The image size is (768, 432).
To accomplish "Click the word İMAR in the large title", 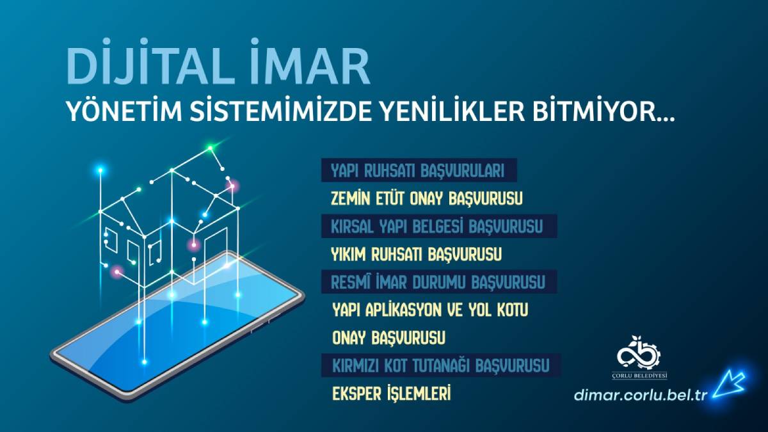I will (x=317, y=66).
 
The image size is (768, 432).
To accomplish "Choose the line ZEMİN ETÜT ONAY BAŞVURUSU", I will (x=427, y=199).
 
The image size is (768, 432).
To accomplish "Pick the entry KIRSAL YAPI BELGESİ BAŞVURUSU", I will (x=437, y=227).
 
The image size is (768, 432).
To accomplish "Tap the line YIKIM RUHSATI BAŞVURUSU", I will (x=416, y=255).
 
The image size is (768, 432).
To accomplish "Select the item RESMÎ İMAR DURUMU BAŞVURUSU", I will (x=438, y=282).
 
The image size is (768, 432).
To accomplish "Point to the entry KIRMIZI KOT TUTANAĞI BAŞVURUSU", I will (x=440, y=366).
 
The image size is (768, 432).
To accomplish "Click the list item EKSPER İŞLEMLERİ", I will (x=391, y=394).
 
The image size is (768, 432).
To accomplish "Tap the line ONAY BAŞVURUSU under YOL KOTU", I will (x=388, y=337).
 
